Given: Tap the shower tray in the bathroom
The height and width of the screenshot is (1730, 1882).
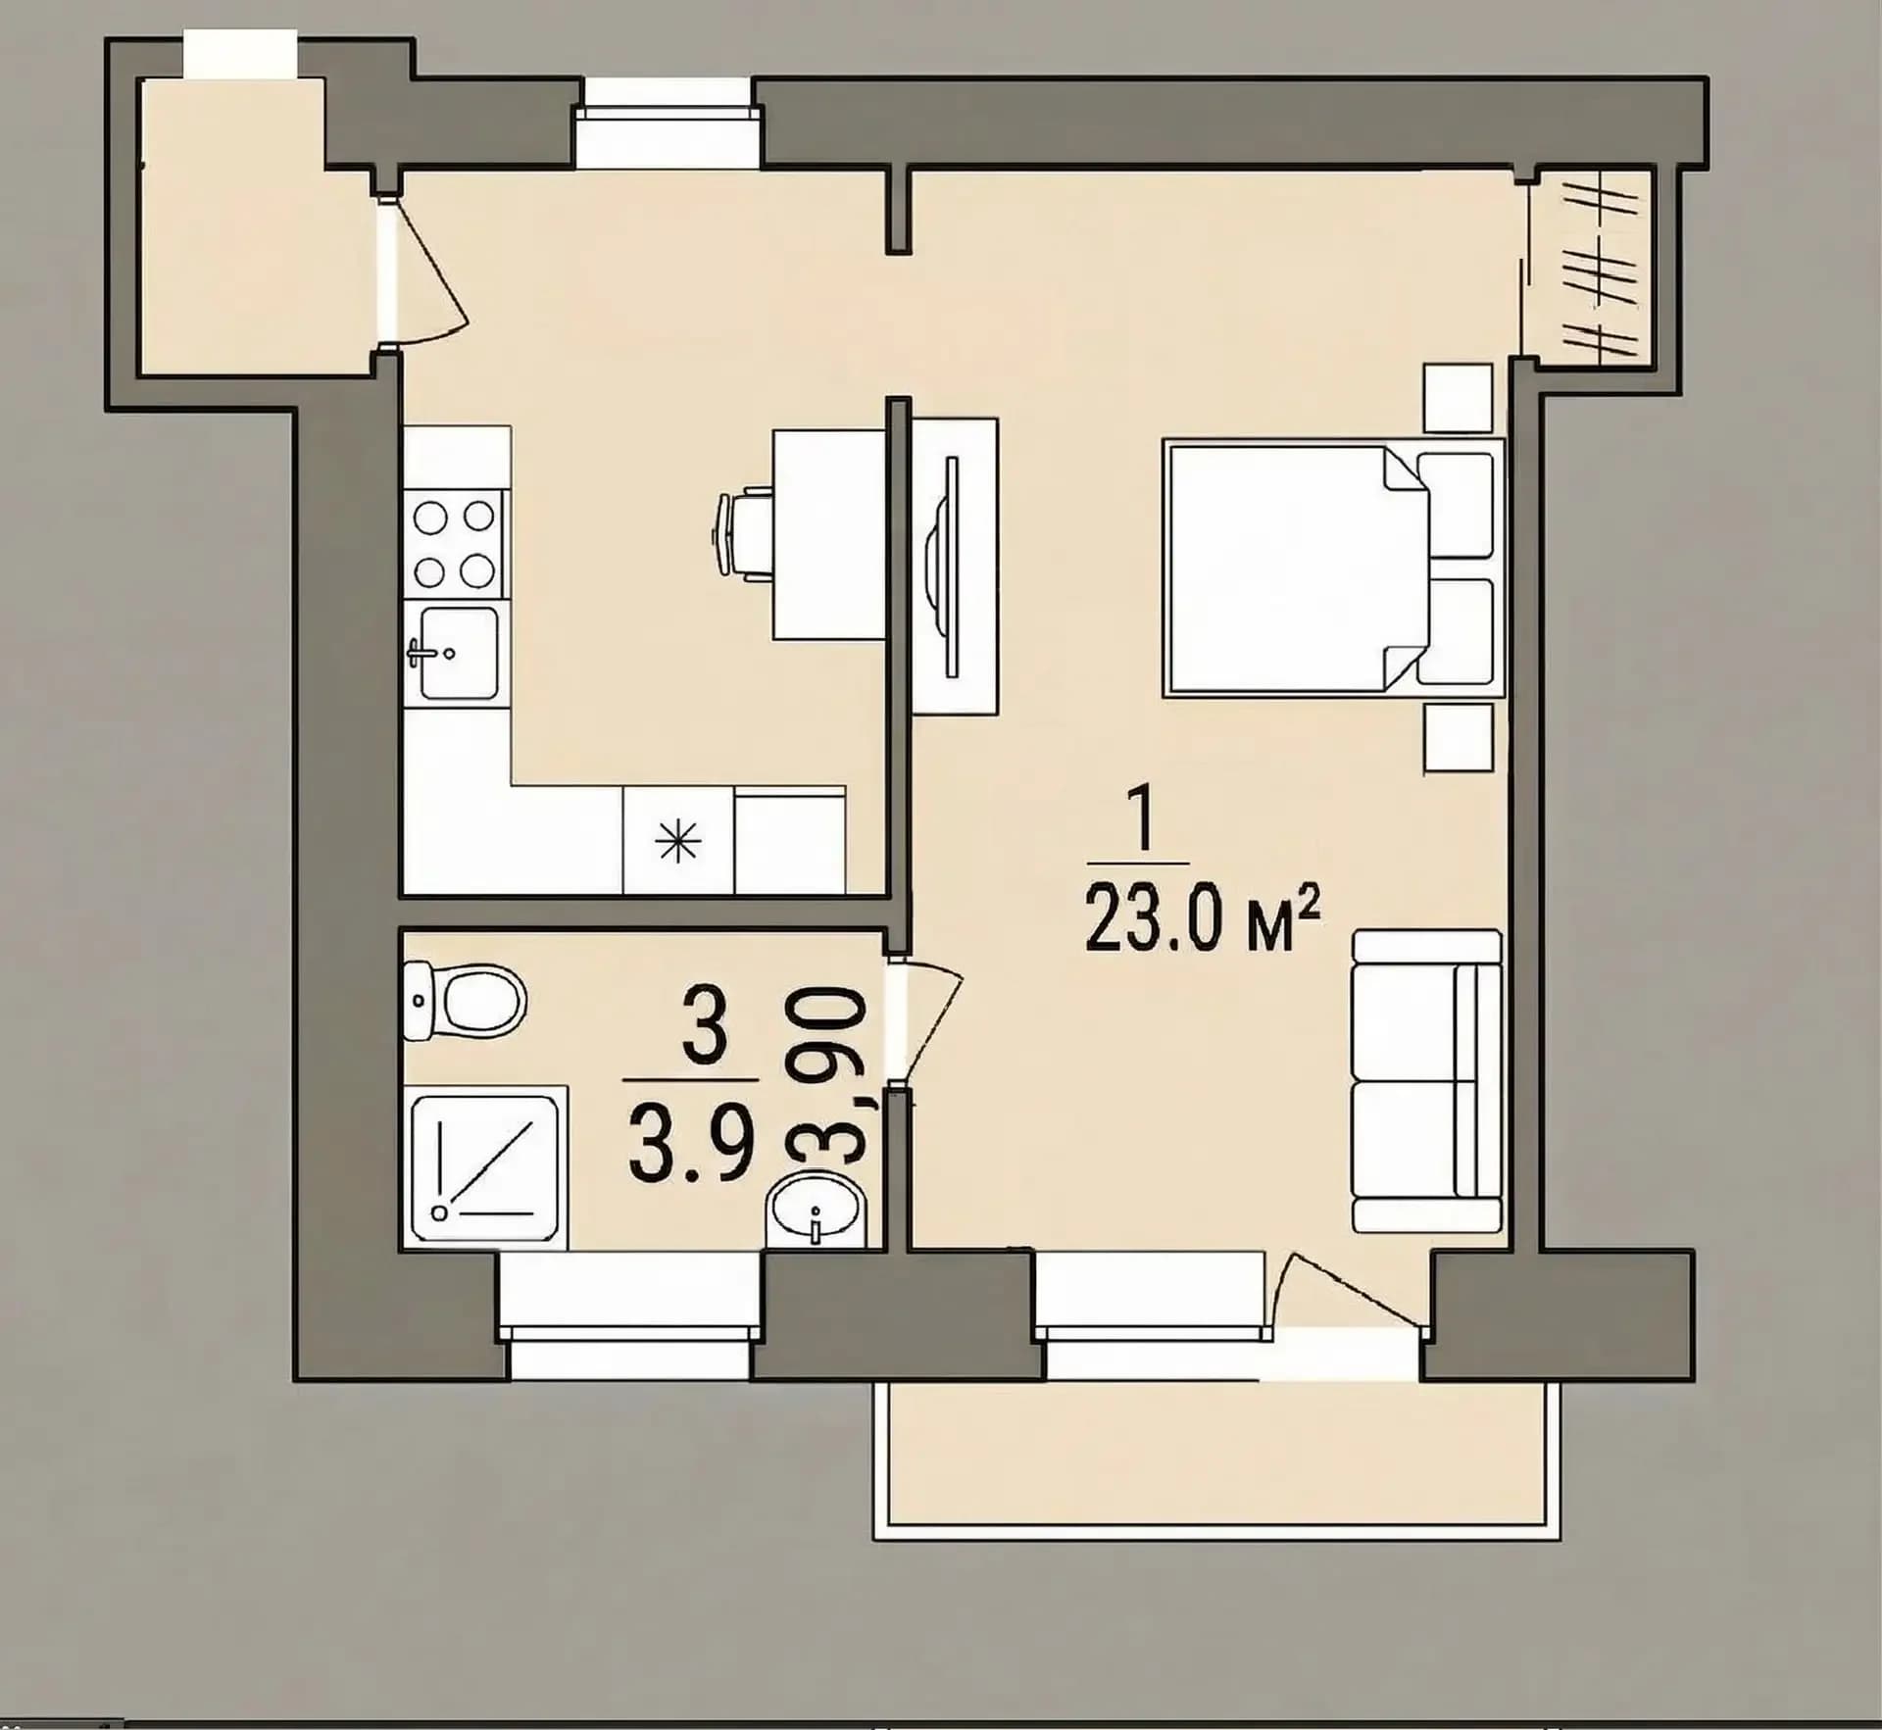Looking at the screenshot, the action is pos(485,1167).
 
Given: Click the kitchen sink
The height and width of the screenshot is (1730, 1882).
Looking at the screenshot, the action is pos(457,652).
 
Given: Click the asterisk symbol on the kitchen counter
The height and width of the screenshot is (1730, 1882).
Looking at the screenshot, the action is pos(679,842).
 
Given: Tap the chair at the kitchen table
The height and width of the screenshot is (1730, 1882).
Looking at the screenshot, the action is pos(741,533).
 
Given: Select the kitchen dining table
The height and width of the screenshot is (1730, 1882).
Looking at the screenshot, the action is pos(829,535).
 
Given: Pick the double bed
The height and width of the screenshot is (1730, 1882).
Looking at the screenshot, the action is pos(1333,568).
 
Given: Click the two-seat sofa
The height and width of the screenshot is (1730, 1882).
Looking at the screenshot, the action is pos(1426,1081).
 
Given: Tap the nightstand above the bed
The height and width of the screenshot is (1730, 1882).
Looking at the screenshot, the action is pos(1459,398).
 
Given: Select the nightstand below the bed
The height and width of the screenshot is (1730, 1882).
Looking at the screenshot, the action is pos(1459,737).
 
